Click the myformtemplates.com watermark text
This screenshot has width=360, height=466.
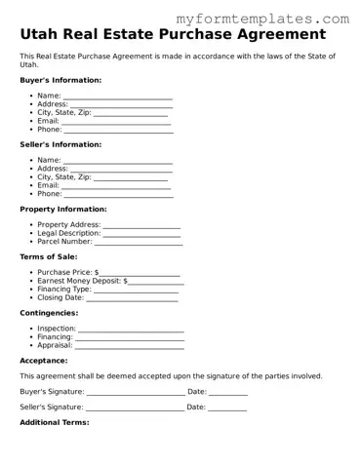275,19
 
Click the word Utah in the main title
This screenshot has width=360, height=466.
44,35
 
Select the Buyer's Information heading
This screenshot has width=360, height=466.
60,80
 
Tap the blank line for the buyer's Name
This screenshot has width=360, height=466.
117,97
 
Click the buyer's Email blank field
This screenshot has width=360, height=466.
117,121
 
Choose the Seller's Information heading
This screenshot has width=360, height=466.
60,144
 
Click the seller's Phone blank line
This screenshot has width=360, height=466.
118,194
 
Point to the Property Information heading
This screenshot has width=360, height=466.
63,209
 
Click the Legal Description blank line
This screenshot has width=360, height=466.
141,233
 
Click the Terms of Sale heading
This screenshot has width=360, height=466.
49,256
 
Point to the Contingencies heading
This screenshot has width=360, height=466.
49,313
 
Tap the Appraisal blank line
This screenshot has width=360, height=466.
130,345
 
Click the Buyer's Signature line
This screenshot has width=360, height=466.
135,392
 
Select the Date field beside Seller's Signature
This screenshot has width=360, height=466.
227,408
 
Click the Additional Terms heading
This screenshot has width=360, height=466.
55,423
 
